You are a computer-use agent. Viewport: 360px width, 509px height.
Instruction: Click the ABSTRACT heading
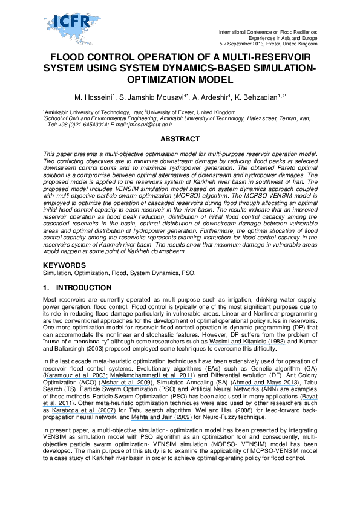coord(179,139)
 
